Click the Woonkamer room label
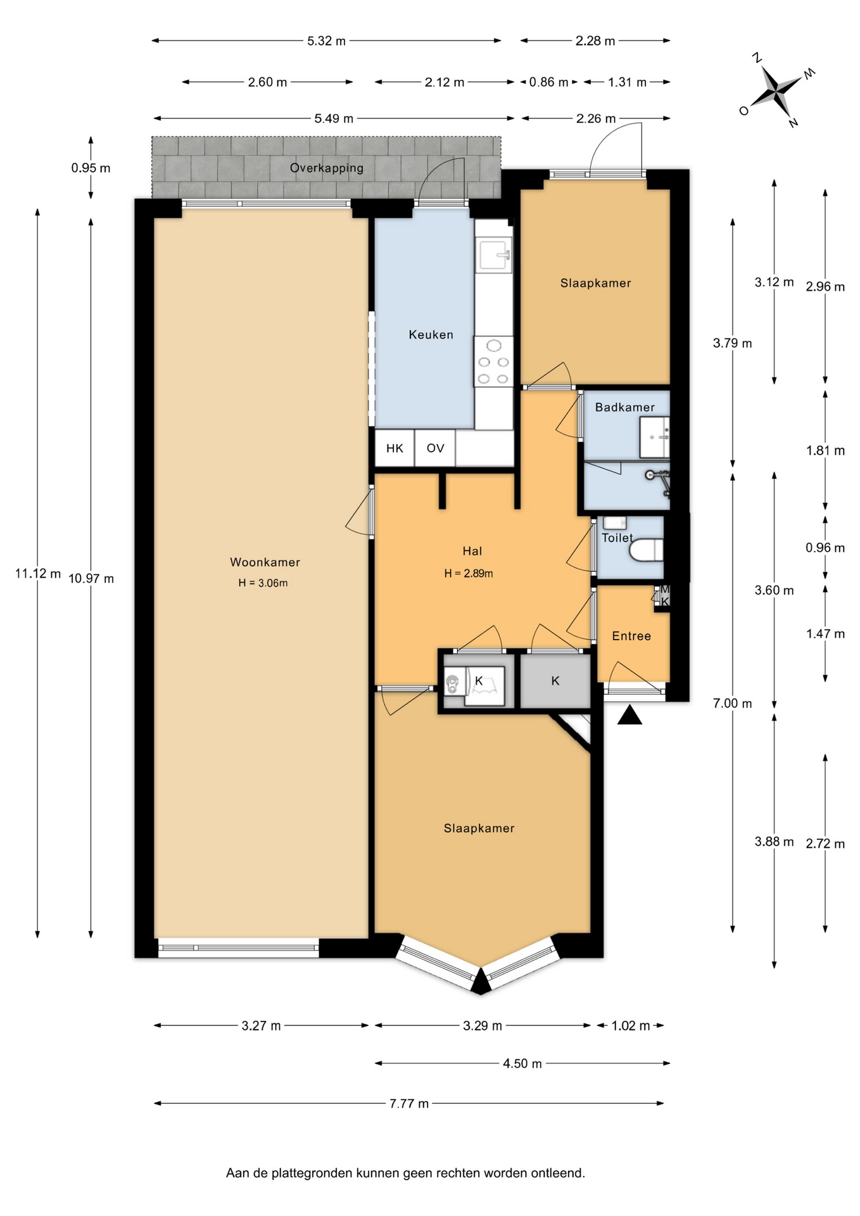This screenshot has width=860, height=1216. [x=265, y=562]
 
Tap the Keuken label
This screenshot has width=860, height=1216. [x=431, y=334]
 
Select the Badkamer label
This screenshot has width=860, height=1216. [x=624, y=407]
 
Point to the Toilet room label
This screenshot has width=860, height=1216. [x=617, y=538]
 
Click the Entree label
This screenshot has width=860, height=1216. [x=631, y=636]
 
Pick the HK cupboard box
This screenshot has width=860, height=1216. [x=395, y=448]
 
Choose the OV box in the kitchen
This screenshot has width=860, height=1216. [x=435, y=448]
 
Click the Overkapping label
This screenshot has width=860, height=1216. [x=327, y=168]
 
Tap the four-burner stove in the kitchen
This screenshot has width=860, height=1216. [x=493, y=362]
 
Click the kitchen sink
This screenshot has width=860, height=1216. [x=495, y=255]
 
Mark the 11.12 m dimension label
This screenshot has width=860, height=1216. [x=38, y=573]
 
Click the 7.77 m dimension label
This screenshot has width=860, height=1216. [x=409, y=1103]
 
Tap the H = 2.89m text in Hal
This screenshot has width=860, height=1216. [x=469, y=573]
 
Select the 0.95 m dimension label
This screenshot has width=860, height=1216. [x=91, y=168]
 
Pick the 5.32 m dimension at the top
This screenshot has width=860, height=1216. [x=326, y=41]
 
